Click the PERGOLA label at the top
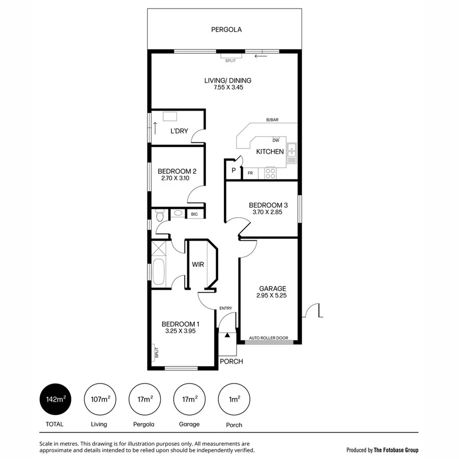(x=226, y=30)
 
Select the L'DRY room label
(x=179, y=131)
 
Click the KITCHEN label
(x=270, y=151)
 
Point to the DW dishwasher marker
(x=276, y=140)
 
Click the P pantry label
(x=234, y=171)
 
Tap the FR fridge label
(x=250, y=173)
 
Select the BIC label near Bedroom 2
(x=194, y=215)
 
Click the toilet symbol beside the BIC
(x=160, y=216)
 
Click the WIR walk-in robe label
(x=198, y=265)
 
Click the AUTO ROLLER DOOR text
(x=268, y=338)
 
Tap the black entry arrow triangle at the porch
(x=227, y=335)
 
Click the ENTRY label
(x=225, y=308)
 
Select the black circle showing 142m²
(x=55, y=399)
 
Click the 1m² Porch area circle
(x=234, y=399)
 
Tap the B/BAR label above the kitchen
(x=272, y=120)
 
